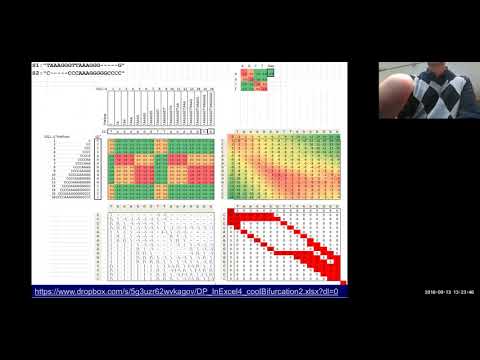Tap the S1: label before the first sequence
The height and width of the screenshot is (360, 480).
pyautogui.click(x=37, y=65)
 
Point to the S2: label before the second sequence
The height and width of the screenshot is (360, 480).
pyautogui.click(x=37, y=73)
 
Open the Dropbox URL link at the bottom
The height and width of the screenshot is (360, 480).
pyautogui.click(x=186, y=291)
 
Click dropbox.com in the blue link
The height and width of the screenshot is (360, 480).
pyautogui.click(x=85, y=291)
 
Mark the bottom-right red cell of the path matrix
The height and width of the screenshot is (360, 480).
pyautogui.click(x=338, y=278)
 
